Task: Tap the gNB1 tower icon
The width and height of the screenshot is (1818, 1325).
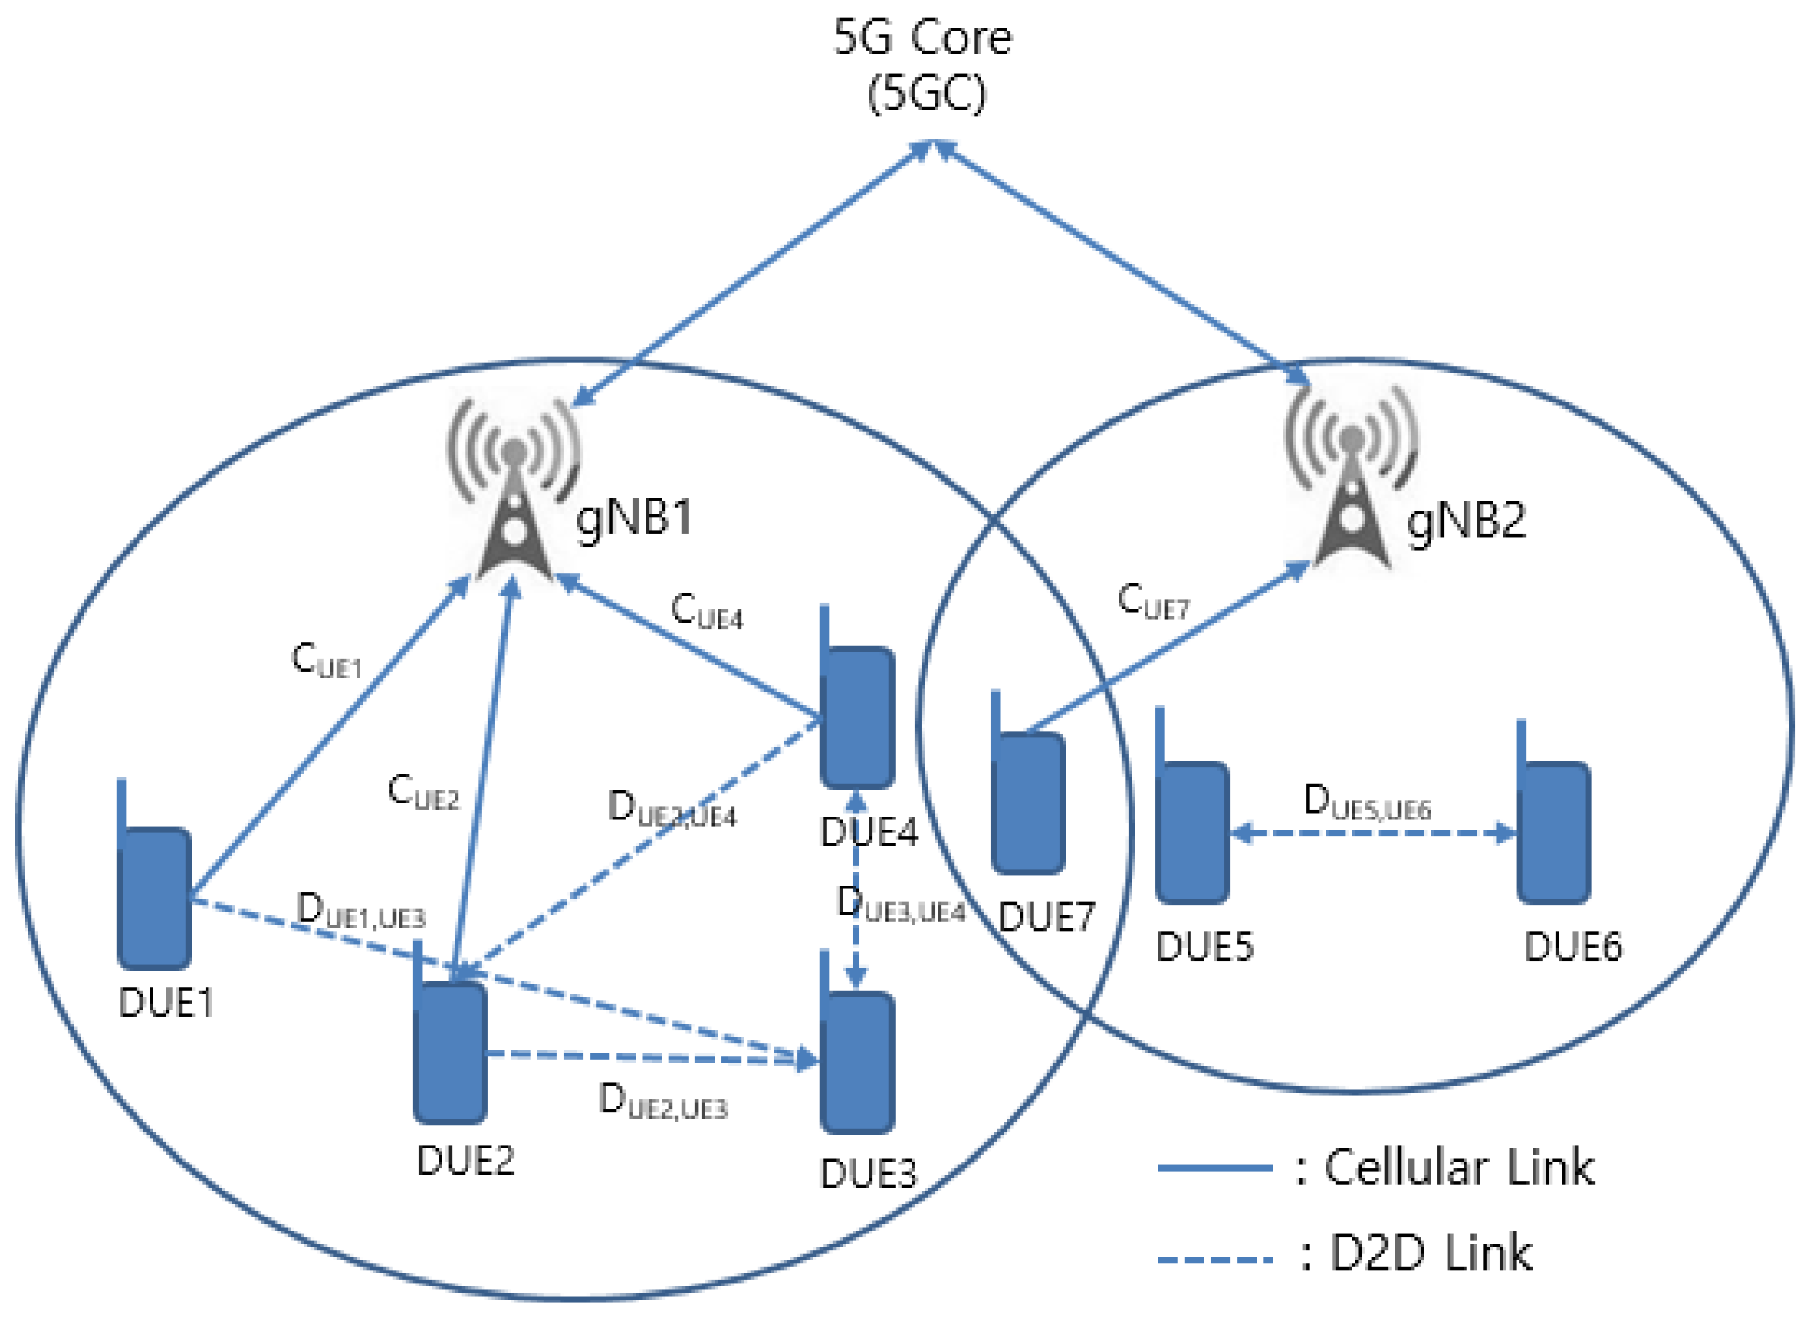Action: [x=514, y=490]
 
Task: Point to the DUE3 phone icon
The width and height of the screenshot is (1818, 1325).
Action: [x=857, y=1058]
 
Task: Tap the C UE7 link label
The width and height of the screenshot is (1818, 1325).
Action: [x=1153, y=601]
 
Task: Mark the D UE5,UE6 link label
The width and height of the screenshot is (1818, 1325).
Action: [x=1366, y=802]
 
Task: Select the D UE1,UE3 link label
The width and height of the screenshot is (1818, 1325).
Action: [x=360, y=911]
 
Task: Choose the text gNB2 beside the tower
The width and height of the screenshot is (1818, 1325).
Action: [x=1466, y=522]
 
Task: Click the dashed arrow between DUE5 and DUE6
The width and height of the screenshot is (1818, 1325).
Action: [x=1373, y=834]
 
